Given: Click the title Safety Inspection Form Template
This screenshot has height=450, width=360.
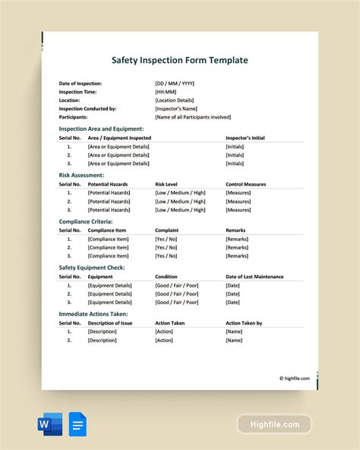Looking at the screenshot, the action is click(179, 60).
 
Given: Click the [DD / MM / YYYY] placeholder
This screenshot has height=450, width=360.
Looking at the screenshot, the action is click(175, 84).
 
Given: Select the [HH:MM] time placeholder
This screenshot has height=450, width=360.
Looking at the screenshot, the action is click(167, 92).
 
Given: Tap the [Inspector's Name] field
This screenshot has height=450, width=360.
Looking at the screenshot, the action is click(175, 109).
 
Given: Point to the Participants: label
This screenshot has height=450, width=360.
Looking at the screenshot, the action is click(73, 117).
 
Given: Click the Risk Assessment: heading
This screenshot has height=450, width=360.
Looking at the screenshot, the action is click(81, 175).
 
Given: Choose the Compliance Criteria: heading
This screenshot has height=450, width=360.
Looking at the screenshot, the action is click(86, 221).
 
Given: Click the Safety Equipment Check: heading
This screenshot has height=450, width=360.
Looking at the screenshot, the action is click(92, 268).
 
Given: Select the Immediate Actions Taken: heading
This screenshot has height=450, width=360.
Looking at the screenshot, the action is click(93, 313).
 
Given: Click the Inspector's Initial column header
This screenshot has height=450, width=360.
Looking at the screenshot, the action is click(245, 138).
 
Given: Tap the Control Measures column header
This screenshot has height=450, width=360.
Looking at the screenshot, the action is click(246, 184).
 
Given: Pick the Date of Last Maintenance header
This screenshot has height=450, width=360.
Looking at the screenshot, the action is click(254, 277).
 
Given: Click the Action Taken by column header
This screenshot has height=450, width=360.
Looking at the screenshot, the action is click(244, 322).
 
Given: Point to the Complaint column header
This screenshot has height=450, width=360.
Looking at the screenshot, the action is click(167, 230).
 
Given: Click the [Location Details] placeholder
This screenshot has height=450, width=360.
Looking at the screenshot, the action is click(174, 100).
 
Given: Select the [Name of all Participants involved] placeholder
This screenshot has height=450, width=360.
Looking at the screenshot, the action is click(193, 117).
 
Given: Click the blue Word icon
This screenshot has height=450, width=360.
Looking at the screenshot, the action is click(50, 423).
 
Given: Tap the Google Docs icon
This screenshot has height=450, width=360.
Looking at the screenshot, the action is click(77, 423).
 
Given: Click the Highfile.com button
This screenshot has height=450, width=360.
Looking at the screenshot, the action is click(274, 424).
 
